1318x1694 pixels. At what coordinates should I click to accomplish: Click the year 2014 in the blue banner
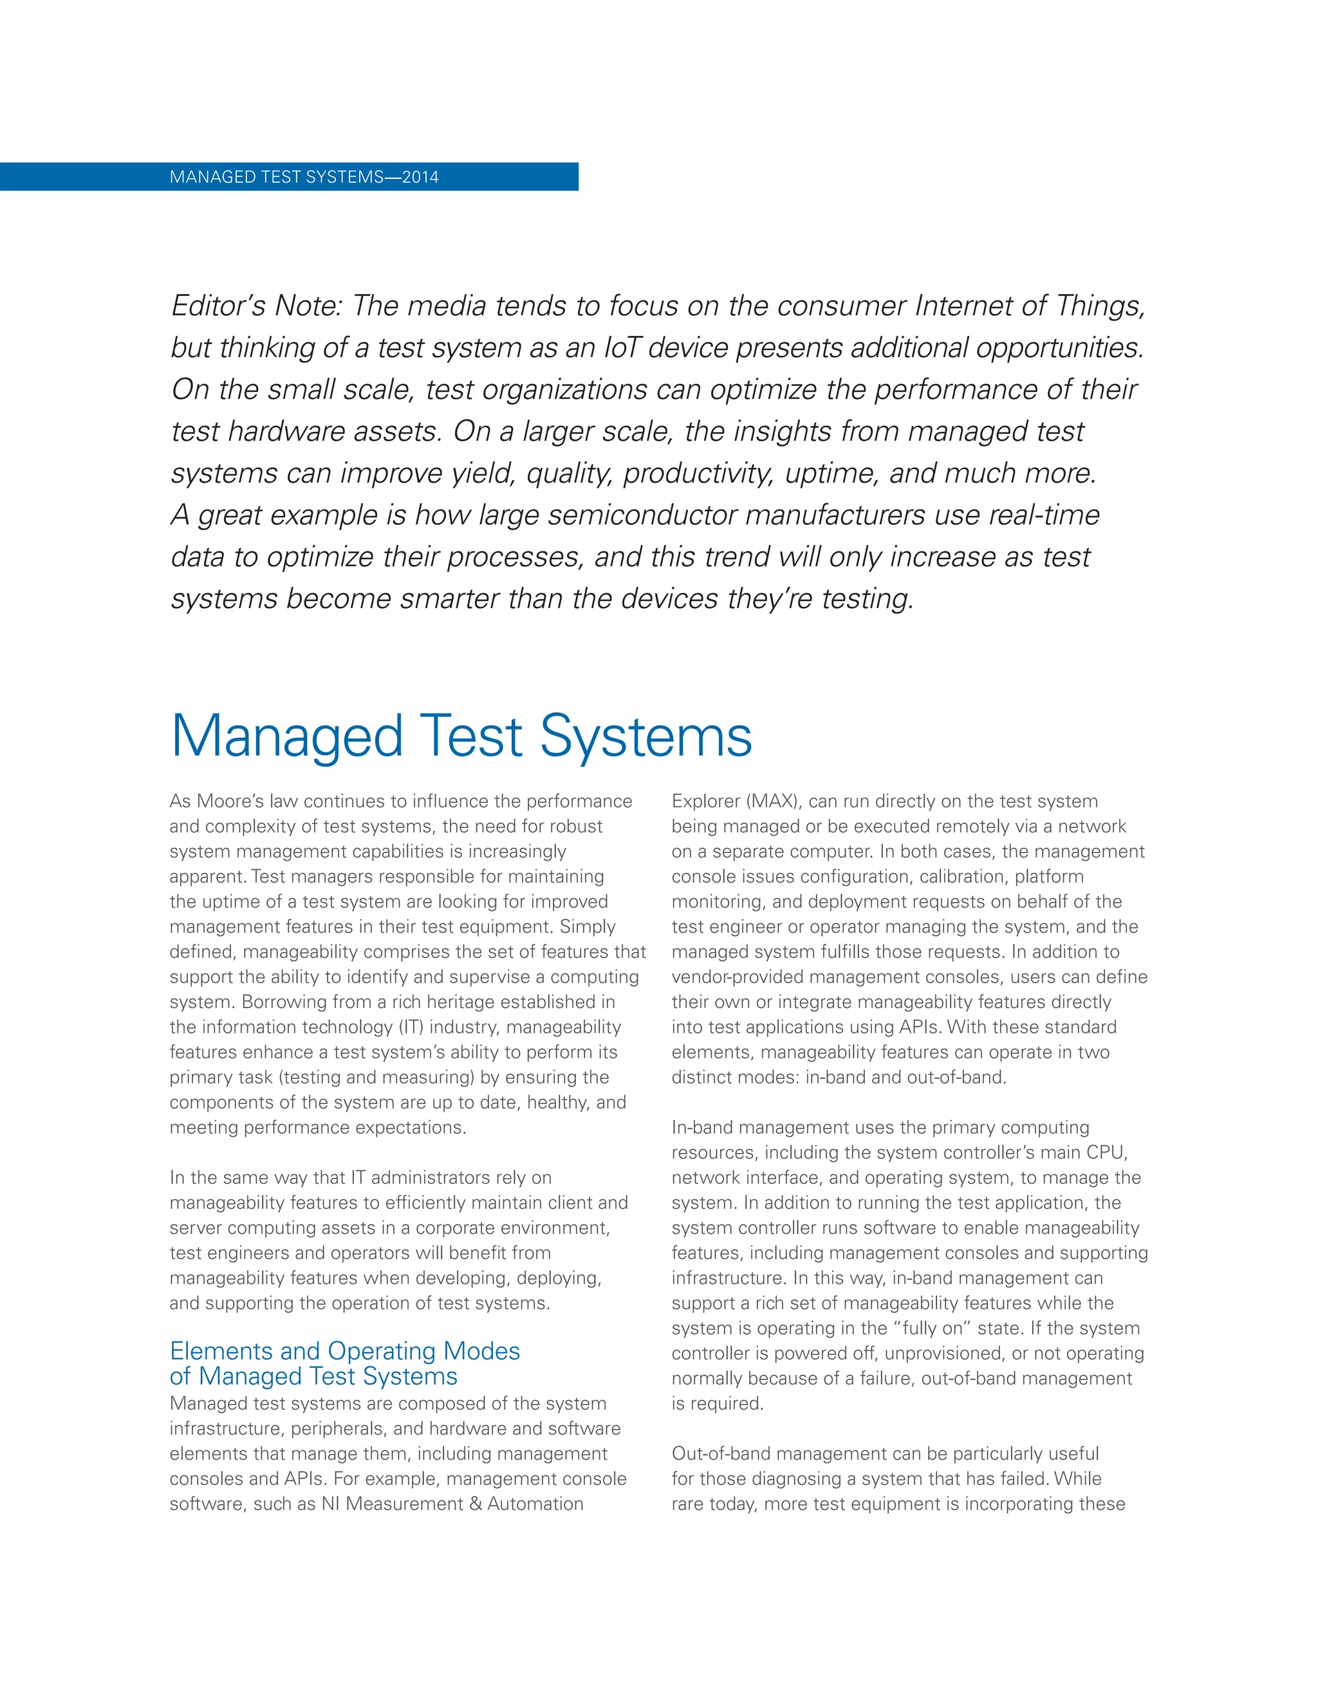(x=420, y=177)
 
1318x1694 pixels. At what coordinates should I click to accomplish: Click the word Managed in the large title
(x=287, y=737)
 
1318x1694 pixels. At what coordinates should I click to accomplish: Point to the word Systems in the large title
(x=645, y=737)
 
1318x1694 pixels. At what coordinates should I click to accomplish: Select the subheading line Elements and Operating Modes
(x=344, y=1350)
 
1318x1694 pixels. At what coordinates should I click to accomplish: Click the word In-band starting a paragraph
(x=700, y=1127)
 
